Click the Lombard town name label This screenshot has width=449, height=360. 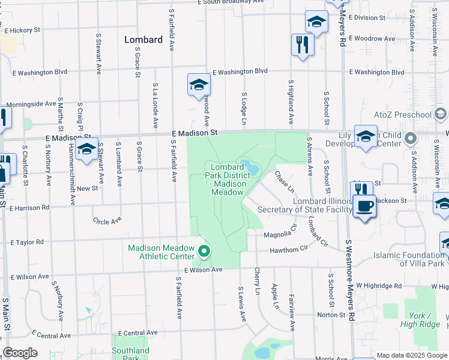coord(143,40)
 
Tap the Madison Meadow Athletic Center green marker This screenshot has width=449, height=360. coord(204,251)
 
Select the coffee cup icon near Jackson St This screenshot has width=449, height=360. coord(364,207)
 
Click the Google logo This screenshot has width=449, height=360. coord(20,353)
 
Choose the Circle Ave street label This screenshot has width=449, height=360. coord(107,221)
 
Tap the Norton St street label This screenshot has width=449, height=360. coord(331,314)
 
